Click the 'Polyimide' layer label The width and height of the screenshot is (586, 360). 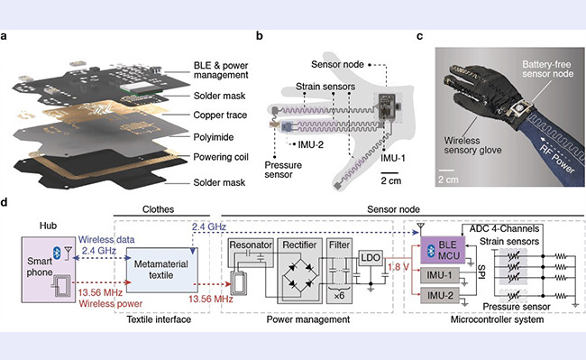tap(214, 137)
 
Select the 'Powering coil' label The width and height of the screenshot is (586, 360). tap(221, 157)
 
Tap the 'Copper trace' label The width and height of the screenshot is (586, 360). tap(220, 115)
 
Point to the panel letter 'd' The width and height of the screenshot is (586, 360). tap(5, 202)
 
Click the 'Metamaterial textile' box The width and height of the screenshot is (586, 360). tap(161, 270)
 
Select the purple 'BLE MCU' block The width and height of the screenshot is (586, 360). tap(443, 250)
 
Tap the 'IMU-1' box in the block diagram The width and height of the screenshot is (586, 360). tap(440, 275)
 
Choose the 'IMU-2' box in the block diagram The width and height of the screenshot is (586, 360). tap(440, 295)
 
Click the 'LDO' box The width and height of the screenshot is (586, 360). tap(371, 257)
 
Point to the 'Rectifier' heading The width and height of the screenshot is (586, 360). tap(299, 245)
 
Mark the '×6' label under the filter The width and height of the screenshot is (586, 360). tap(339, 295)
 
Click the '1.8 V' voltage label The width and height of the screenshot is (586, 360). tap(398, 267)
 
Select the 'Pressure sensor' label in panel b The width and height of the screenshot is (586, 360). tap(283, 170)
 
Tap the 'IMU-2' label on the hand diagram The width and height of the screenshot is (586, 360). tap(310, 144)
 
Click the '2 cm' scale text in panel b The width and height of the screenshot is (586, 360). tap(391, 180)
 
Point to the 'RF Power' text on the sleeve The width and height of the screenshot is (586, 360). tap(557, 160)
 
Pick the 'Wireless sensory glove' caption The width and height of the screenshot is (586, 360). tap(472, 145)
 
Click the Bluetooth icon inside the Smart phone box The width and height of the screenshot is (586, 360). tap(57, 254)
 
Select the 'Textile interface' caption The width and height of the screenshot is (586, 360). tap(159, 319)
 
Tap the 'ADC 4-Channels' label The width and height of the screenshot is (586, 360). tap(504, 229)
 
